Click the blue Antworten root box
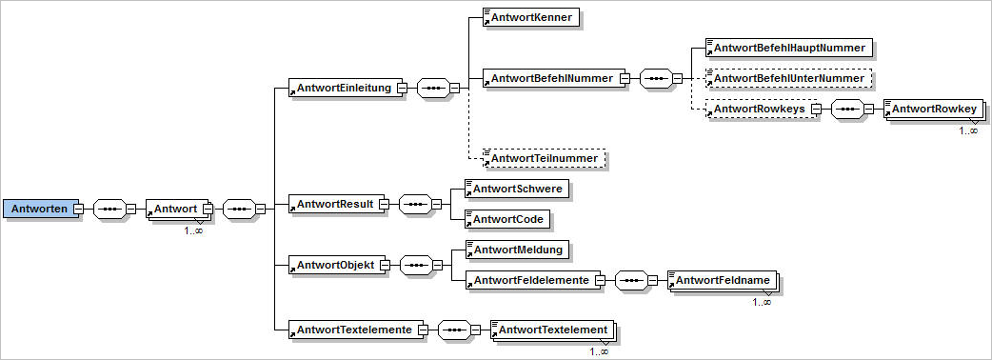39,209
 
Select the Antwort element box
172,209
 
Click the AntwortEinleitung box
342,89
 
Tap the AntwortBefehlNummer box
553,78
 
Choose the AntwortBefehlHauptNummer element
788,47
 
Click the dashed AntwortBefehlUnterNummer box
788,78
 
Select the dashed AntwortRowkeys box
759,110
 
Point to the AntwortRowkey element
932,110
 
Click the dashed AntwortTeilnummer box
544,158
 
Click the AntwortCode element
506,219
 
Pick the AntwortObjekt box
335,264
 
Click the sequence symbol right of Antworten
109,209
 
